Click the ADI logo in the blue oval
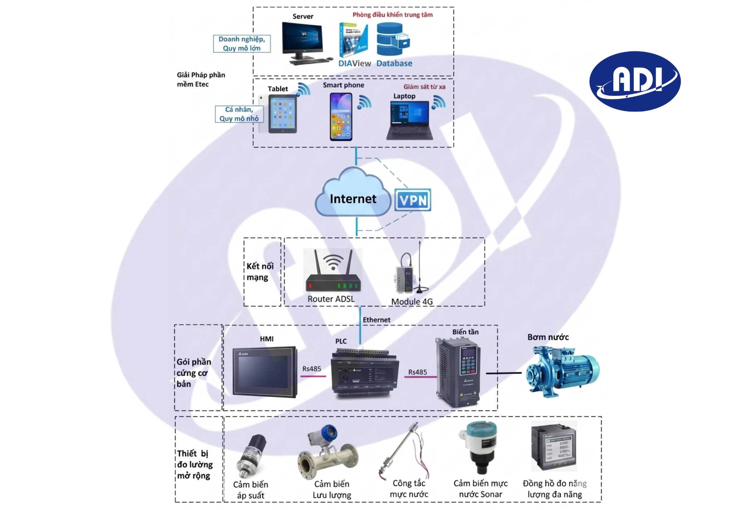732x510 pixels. tap(635, 81)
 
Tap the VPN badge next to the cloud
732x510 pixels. tap(413, 200)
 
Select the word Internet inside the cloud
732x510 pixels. tap(353, 199)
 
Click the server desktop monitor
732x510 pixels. tap(302, 41)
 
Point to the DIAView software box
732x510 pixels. tap(353, 40)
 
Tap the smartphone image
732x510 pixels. tap(341, 117)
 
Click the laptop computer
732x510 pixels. tap(410, 120)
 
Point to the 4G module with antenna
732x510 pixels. tap(410, 274)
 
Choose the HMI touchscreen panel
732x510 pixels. tap(264, 372)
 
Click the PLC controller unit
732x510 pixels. tap(365, 374)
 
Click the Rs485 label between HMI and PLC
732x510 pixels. tap(312, 369)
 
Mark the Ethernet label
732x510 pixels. tap(376, 320)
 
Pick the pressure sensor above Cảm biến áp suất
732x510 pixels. tap(251, 456)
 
